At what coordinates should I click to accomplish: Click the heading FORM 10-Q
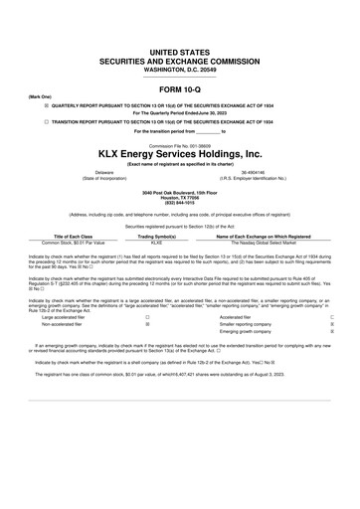(180, 89)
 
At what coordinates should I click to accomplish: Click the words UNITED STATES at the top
(180, 48)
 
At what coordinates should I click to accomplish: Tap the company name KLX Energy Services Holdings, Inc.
(180, 154)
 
